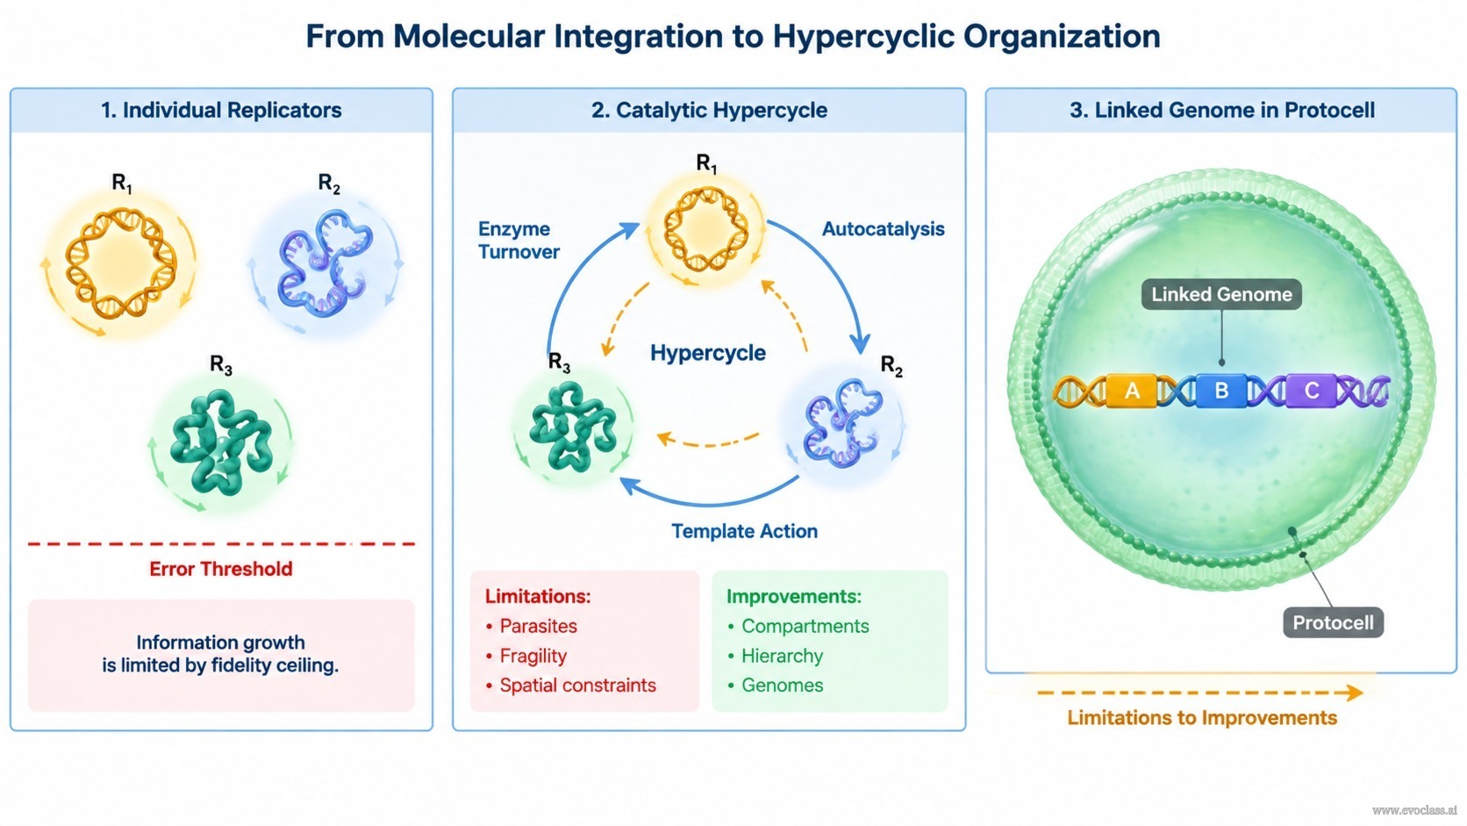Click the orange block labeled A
[x=1131, y=391]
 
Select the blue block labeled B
[x=1221, y=391]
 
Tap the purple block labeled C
[x=1311, y=391]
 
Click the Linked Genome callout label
[x=1221, y=294]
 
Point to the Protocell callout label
[x=1333, y=622]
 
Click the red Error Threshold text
[x=221, y=569]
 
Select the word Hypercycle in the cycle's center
[x=707, y=353]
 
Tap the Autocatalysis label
[x=883, y=228]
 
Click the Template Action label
[x=744, y=530]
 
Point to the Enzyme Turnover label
[x=519, y=241]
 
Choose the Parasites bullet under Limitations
[x=531, y=626]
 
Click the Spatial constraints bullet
[x=570, y=686]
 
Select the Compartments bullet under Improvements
[x=798, y=626]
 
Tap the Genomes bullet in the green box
[x=776, y=686]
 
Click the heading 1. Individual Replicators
[x=221, y=110]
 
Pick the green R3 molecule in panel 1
[x=221, y=441]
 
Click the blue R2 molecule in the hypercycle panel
[x=843, y=423]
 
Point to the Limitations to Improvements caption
[x=1202, y=718]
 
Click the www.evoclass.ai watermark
[x=1414, y=810]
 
